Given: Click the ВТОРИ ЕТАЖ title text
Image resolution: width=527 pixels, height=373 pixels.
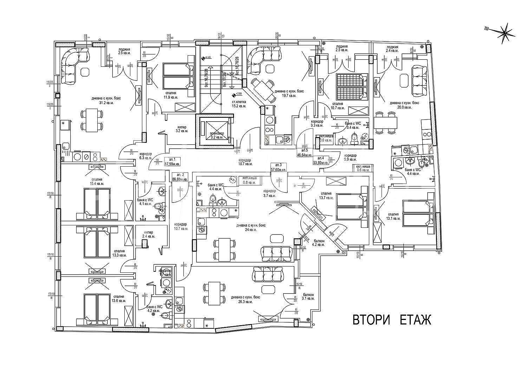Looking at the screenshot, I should [x=392, y=320].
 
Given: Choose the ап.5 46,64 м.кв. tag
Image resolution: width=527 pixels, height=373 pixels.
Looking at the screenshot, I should [x=305, y=152].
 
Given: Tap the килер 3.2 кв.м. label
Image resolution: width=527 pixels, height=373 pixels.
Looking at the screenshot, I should [x=182, y=129].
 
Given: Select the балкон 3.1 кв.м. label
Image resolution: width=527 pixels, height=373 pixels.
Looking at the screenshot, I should [x=308, y=296].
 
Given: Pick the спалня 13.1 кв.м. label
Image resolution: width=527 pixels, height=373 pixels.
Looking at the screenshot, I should [x=393, y=216].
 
